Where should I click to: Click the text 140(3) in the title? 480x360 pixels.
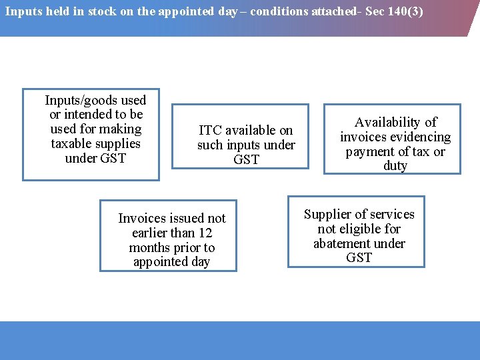pos(406,11)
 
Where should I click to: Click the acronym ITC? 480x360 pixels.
pos(210,131)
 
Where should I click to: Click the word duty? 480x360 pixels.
pos(395,166)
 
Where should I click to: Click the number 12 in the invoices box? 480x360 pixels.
pos(205,233)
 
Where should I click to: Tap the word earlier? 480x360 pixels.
pos(153,233)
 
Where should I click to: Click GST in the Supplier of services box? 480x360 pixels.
pos(359,258)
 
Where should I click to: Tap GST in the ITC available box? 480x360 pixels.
pos(246,160)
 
